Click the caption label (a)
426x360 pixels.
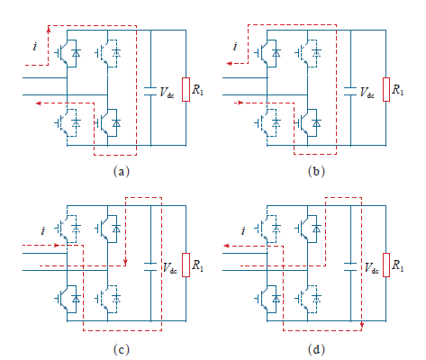click(x=122, y=172)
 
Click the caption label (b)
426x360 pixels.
click(x=316, y=172)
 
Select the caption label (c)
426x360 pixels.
click(x=122, y=349)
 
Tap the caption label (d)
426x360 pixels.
click(x=316, y=349)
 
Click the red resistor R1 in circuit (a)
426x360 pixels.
click(x=186, y=89)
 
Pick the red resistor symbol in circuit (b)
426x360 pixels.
click(x=386, y=89)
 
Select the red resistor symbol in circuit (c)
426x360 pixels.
click(x=186, y=265)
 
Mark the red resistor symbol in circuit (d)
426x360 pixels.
click(x=386, y=265)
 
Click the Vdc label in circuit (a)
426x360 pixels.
click(x=167, y=92)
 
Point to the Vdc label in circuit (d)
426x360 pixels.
click(x=369, y=267)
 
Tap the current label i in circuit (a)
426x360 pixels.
click(x=35, y=47)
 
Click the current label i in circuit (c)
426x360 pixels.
click(x=43, y=230)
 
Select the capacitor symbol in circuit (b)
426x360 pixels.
click(x=350, y=92)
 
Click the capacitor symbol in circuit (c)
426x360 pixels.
click(x=150, y=267)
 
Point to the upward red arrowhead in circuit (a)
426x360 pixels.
click(x=49, y=29)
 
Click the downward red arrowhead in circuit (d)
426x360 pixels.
click(x=362, y=325)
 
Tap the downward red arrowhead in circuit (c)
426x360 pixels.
click(x=125, y=262)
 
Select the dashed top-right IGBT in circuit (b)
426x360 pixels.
click(x=308, y=53)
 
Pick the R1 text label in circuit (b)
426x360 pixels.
click(x=398, y=89)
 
